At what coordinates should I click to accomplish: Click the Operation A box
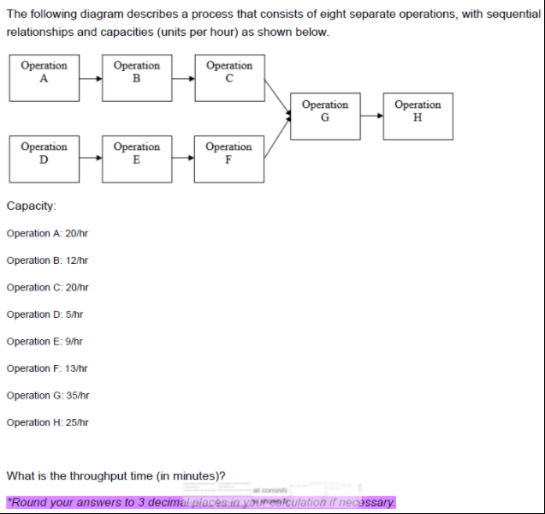44,77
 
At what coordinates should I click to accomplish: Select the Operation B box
137,77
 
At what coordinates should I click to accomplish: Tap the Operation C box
229,77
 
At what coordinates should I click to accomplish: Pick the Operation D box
44,158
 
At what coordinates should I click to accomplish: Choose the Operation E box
137,158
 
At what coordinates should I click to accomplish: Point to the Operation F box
229,158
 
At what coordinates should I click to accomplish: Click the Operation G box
325,117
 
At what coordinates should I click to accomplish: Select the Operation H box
418,117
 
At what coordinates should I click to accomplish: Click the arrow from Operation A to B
91,78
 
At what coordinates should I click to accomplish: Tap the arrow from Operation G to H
371,117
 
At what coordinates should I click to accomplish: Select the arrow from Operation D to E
91,158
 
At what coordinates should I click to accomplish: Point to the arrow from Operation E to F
183,158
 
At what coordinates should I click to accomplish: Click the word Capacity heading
32,206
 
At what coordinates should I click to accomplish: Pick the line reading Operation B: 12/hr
47,260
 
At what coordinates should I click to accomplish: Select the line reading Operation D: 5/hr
44,314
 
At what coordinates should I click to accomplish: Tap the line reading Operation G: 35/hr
47,395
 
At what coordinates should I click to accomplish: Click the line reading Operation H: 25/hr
47,422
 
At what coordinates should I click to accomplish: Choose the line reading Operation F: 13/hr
47,368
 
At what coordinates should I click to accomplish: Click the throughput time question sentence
116,475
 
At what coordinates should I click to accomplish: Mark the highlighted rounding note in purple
201,502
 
